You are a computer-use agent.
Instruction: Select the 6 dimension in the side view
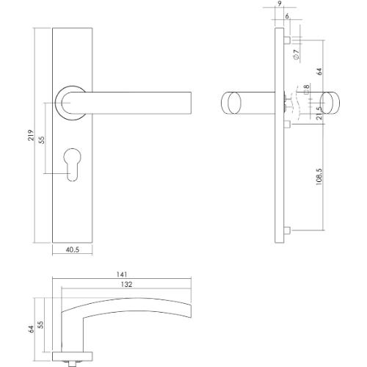(x=286, y=17)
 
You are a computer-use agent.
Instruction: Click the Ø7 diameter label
(x=294, y=53)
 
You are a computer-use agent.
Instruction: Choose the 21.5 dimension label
(x=319, y=116)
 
